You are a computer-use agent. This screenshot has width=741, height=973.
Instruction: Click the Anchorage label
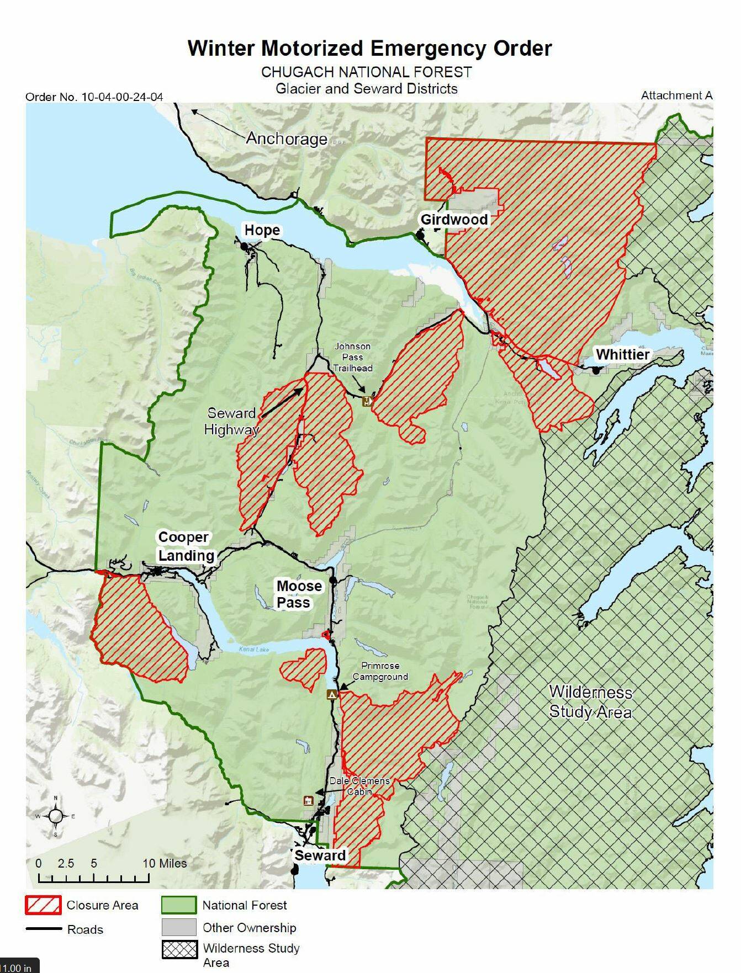[x=286, y=138]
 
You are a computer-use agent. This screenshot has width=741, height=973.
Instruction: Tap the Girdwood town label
[x=454, y=220]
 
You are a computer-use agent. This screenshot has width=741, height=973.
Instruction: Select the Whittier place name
[x=622, y=354]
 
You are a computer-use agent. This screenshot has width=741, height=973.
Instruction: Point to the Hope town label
[x=262, y=230]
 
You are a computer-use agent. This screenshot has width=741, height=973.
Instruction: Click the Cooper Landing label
[x=186, y=546]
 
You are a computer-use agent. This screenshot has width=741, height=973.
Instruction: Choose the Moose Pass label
[x=299, y=594]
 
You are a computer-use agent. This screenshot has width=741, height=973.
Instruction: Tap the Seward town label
[x=320, y=855]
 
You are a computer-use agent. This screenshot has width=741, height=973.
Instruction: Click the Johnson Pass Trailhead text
[x=352, y=357]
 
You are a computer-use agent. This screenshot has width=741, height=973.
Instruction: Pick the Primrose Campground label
[x=380, y=671]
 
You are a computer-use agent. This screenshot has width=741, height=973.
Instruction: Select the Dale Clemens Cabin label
[x=359, y=786]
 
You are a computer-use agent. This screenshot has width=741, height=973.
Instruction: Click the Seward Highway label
[x=231, y=421]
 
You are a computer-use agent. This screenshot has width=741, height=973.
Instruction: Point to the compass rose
[x=56, y=816]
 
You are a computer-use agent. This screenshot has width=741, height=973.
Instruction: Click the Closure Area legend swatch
[x=43, y=905]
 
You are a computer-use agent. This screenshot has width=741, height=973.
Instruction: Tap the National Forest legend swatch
[x=178, y=905]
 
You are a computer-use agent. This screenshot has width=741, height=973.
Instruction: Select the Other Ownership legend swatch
[x=178, y=927]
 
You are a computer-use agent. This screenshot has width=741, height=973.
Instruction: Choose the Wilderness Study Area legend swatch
[x=178, y=949]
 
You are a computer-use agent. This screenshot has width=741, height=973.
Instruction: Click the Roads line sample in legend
[x=44, y=929]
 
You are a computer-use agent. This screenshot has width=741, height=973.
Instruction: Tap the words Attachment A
[x=676, y=95]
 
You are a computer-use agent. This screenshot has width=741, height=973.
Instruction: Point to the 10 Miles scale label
[x=165, y=863]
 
